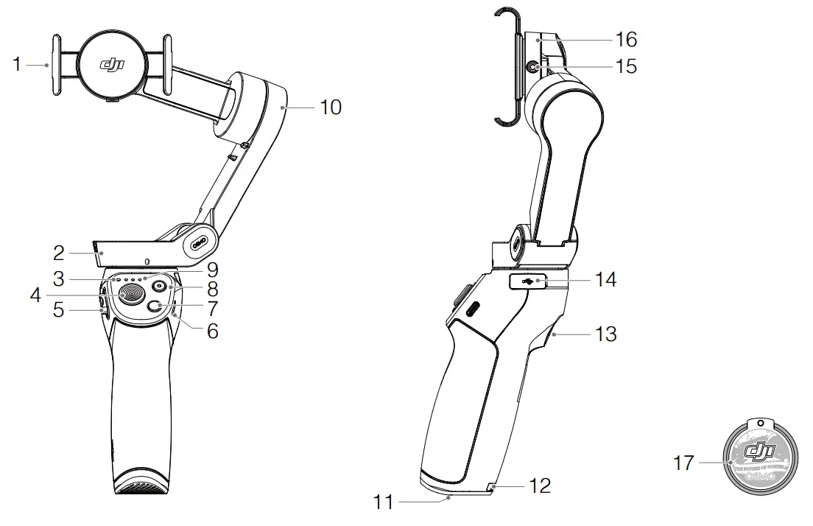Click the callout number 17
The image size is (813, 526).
pyautogui.click(x=684, y=463)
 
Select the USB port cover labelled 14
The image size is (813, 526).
pyautogui.click(x=528, y=281)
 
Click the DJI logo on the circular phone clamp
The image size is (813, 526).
pyautogui.click(x=112, y=65)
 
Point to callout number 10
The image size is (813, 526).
pyautogui.click(x=331, y=108)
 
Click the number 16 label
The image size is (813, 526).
pyautogui.click(x=626, y=39)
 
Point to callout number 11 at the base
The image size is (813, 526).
pyautogui.click(x=385, y=503)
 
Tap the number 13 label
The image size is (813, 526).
pyautogui.click(x=605, y=334)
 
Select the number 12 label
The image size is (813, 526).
pyautogui.click(x=539, y=485)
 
